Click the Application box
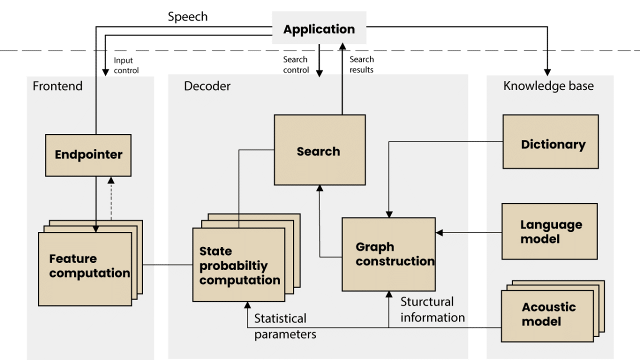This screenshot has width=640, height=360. coord(319,29)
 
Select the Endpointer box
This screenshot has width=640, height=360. coord(88,155)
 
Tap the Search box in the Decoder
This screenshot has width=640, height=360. coord(319,151)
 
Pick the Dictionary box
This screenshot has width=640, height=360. coord(550,144)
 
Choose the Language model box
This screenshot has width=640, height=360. coord(549,231)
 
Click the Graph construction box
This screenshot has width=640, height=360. coord(388,254)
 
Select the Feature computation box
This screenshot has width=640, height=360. coord(85,268)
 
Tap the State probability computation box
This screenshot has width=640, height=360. coord(238,265)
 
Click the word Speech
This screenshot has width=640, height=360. coord(187,17)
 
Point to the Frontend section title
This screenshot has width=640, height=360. coord(57,86)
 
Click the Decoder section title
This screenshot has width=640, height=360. coord(207,86)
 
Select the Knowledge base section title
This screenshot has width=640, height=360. coord(548,86)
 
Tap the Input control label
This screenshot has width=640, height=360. coord(125,65)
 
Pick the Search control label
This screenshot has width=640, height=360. coord(295,64)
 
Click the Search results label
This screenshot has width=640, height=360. coord(361,64)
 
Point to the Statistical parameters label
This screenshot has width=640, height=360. coord(284,326)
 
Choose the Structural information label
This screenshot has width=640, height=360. coord(432,309)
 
